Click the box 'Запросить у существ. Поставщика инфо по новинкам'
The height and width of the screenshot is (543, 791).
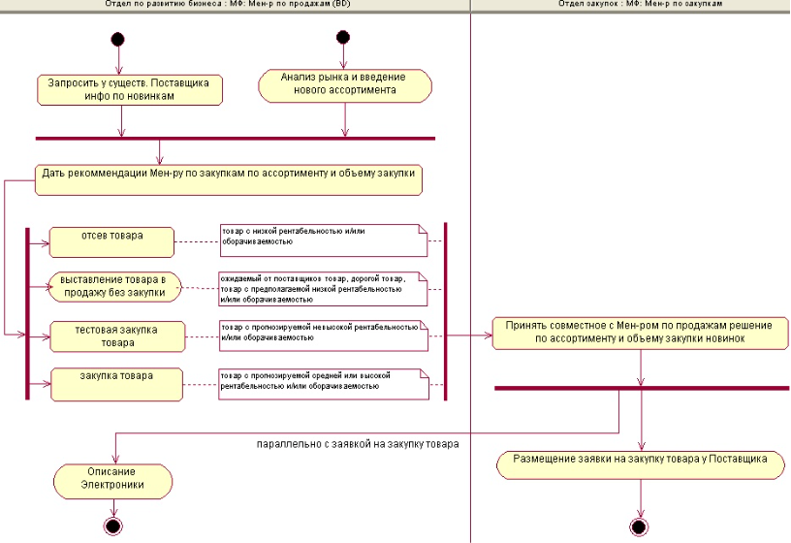click(130, 89)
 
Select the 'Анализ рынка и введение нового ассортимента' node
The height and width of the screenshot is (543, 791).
click(344, 84)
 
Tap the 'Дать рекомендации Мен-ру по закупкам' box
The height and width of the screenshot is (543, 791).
click(229, 174)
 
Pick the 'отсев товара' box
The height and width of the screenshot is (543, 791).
click(111, 238)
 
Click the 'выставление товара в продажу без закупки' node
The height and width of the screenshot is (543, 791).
click(114, 285)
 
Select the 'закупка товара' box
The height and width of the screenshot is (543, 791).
click(116, 380)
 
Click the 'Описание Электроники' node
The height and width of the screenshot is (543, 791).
click(113, 479)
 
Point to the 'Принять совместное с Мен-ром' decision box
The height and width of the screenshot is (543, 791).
click(640, 333)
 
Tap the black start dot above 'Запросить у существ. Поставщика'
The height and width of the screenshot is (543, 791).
click(118, 41)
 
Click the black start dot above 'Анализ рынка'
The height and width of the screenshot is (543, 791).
click(342, 38)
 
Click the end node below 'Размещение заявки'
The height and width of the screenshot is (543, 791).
click(639, 527)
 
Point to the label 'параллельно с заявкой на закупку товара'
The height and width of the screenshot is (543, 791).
click(358, 444)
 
